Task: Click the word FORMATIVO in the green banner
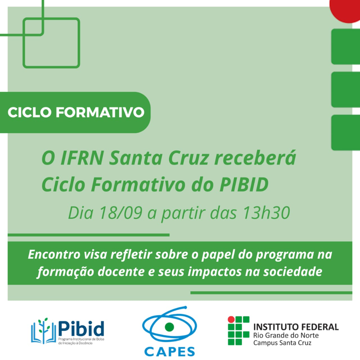pos(100,112)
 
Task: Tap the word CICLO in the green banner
pos(29,112)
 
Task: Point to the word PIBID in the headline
pos(244,184)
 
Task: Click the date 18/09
pos(121,212)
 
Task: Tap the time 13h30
pos(266,212)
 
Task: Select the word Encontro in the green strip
pos(54,254)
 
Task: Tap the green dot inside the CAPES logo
pos(170,327)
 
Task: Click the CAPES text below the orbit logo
pos(170,351)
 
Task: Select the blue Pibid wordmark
pos(81,328)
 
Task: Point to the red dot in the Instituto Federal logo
pos(231,319)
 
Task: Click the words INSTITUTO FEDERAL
pos(296,327)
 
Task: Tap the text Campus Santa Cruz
pos(282,343)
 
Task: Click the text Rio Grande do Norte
pos(286,335)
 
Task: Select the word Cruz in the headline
pos(189,158)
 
